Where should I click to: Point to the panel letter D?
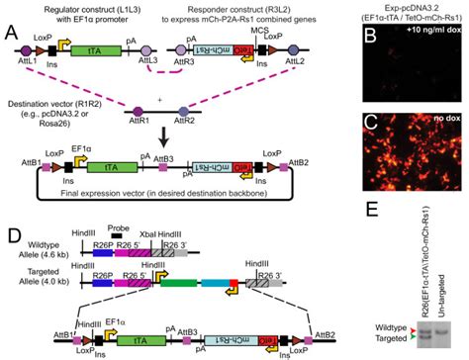11,212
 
